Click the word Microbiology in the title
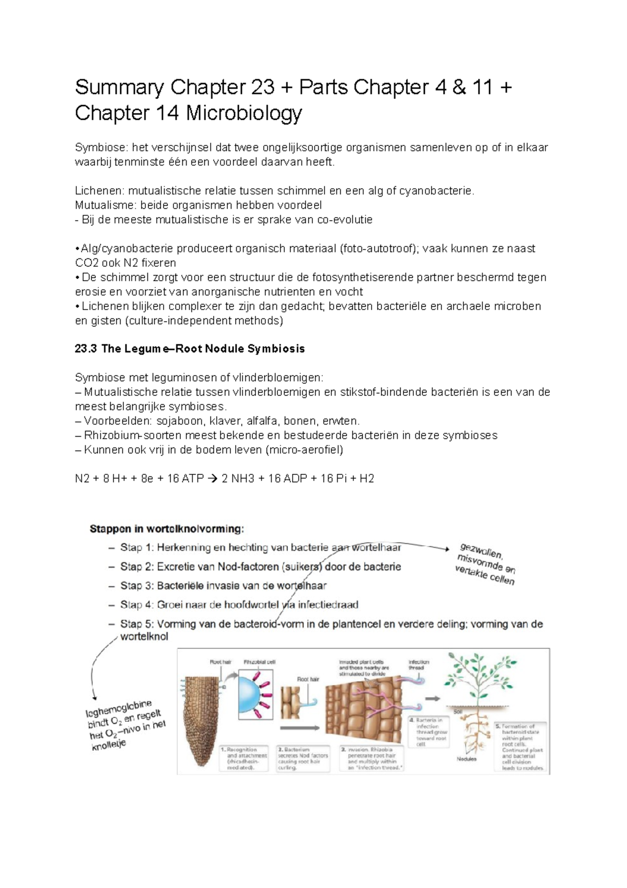click(x=244, y=113)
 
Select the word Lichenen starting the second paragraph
click(x=99, y=191)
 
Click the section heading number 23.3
click(x=86, y=349)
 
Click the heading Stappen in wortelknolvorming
click(x=167, y=529)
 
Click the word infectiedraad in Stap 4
click(x=328, y=605)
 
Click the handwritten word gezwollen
click(x=481, y=550)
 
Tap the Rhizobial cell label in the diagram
click(x=259, y=662)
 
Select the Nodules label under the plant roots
click(x=466, y=759)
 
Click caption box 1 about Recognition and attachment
click(x=243, y=758)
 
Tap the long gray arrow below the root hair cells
click(x=300, y=728)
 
